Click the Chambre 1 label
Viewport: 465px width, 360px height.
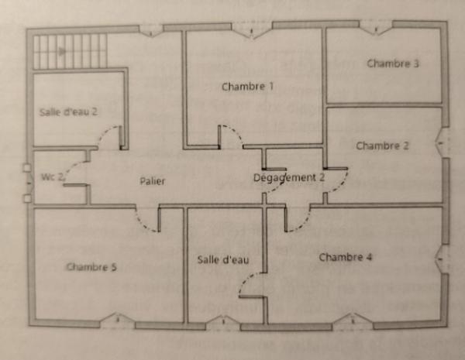[247, 87]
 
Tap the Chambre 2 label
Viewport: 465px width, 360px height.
[382, 146]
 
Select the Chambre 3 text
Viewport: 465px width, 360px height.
[393, 63]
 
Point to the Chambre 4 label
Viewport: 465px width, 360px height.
[345, 257]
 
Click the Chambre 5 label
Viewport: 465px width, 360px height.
[91, 267]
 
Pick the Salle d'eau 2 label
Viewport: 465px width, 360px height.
[68, 112]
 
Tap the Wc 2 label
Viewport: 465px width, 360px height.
[53, 177]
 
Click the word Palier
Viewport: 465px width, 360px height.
[153, 180]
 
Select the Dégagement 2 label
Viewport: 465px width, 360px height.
[289, 178]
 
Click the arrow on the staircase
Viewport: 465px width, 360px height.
[62, 52]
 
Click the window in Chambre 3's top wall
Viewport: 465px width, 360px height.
[376, 28]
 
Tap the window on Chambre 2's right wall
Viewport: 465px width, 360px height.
[443, 142]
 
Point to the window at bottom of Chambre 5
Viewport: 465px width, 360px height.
[118, 321]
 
